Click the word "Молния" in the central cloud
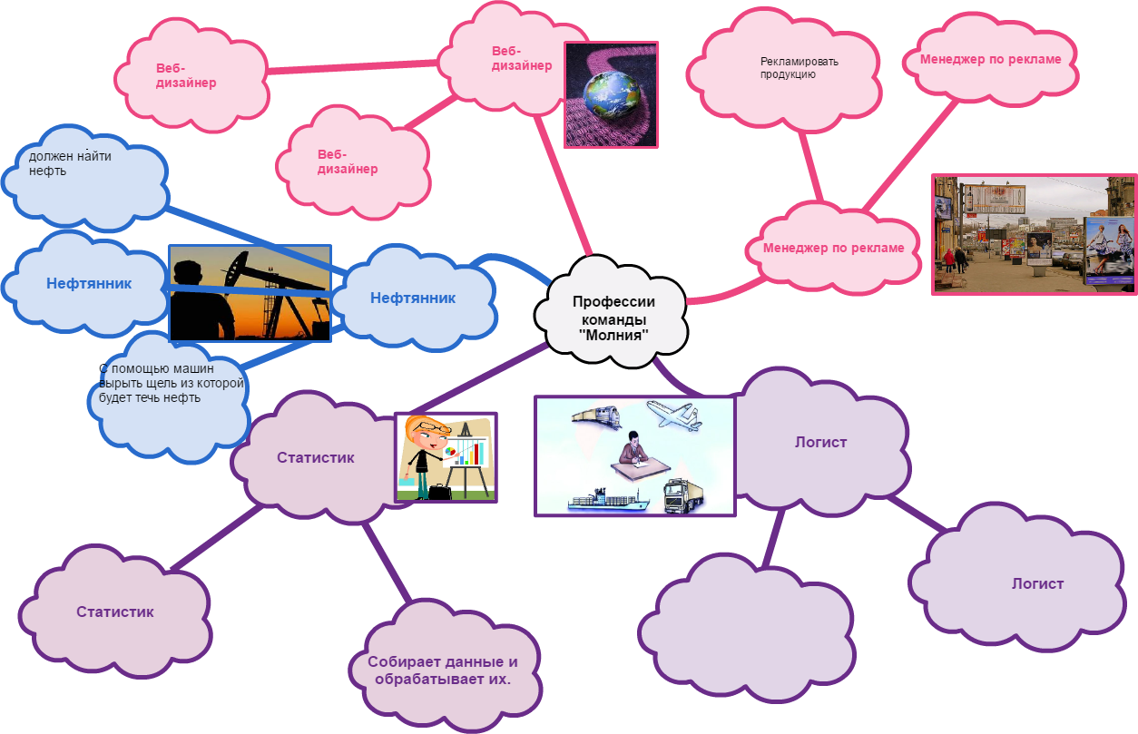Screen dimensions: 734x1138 [613, 336]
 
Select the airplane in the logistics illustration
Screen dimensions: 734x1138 [673, 415]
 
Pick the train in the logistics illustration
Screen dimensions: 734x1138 [595, 416]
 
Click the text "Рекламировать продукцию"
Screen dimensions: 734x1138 [787, 68]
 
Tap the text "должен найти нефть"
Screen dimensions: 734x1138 [70, 163]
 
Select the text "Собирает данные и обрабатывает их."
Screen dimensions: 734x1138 [442, 670]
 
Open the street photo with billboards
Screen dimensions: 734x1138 [1034, 234]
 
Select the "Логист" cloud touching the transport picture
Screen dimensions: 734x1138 [820, 443]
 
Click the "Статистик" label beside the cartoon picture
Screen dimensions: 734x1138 [315, 457]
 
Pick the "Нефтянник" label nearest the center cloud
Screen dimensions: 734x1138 [413, 298]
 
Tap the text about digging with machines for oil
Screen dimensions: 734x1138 [172, 383]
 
